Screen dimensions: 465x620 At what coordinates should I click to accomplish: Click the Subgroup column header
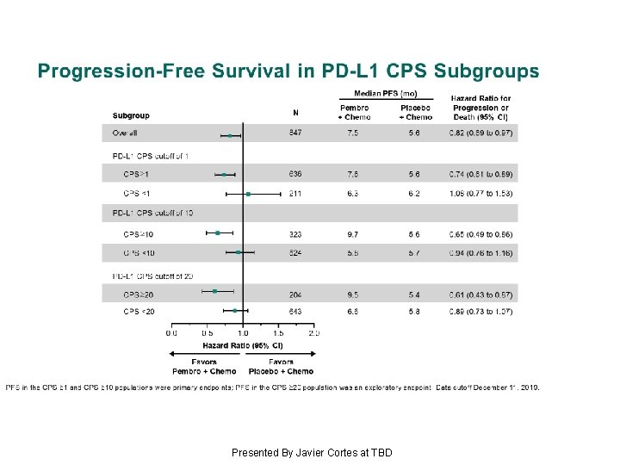pos(131,115)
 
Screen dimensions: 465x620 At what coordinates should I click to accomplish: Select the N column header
pos(295,112)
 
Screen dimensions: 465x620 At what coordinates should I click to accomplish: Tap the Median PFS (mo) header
pos(386,93)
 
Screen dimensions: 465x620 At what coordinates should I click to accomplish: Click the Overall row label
pos(125,133)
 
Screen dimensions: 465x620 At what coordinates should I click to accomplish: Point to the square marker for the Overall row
pos(230,135)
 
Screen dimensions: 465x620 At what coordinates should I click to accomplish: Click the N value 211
pos(295,194)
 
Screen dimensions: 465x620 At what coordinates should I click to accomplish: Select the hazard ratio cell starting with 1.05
pos(480,194)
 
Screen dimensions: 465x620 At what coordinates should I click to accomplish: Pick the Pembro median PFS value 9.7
pos(353,232)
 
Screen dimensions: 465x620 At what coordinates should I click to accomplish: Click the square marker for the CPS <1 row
pos(248,195)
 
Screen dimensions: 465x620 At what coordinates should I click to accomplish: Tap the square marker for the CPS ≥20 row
pos(215,291)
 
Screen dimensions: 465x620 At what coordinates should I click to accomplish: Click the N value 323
pos(295,232)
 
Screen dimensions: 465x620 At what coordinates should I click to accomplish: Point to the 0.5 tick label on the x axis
pos(208,332)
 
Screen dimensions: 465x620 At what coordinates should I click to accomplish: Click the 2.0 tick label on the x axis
pos(313,332)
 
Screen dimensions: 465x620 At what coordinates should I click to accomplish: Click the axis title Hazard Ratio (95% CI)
pos(242,344)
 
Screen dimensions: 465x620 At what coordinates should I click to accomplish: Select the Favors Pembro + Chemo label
pos(205,367)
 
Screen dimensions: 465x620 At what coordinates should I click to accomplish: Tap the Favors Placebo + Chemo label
pos(281,367)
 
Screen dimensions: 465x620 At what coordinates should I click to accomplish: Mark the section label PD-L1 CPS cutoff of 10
pos(153,213)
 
